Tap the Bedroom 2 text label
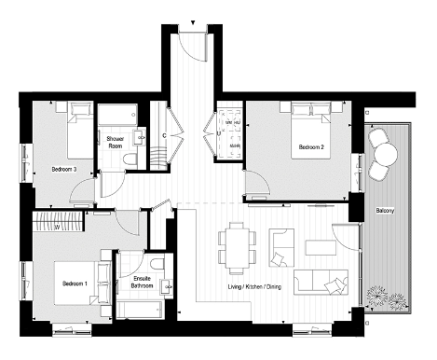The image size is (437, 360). pos(310,147)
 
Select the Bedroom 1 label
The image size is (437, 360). pos(75,283)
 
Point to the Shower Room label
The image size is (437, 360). pos(116,142)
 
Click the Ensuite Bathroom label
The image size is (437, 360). pos(142,282)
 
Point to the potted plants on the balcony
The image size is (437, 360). pos(387,299)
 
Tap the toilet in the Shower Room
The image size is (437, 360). pos(131,159)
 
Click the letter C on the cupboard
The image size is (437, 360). pos(163,136)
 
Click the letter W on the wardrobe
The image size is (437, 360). pos(57,225)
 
